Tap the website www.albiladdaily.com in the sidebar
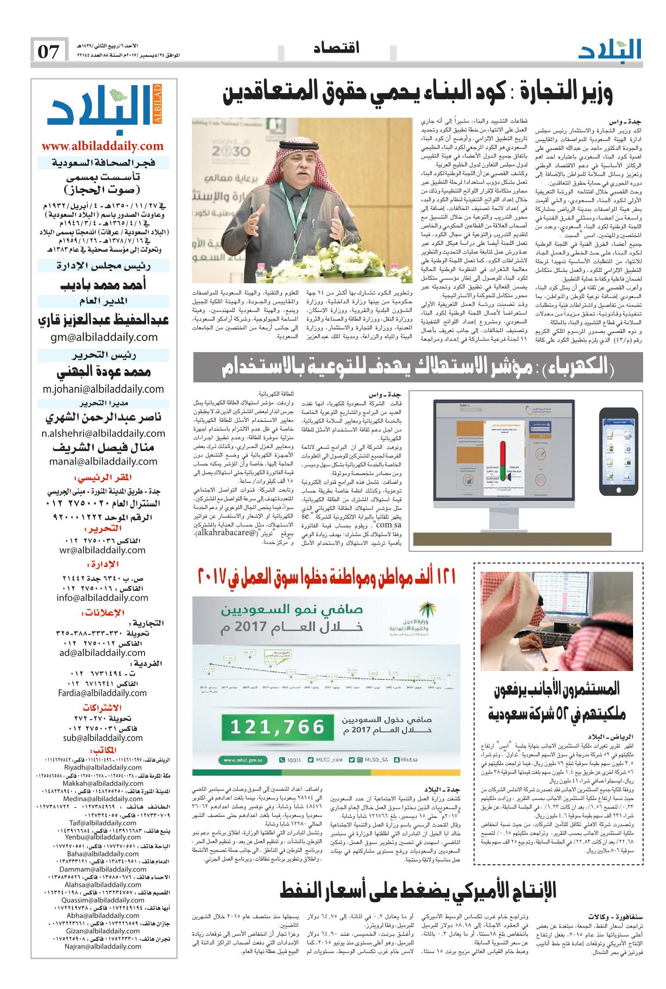pyautogui.click(x=102, y=146)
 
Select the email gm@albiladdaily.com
pyautogui.click(x=103, y=337)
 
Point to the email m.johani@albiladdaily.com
pyautogui.click(x=103, y=389)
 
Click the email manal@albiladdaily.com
pyautogui.click(x=103, y=462)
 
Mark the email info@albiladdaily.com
pyautogui.click(x=102, y=598)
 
